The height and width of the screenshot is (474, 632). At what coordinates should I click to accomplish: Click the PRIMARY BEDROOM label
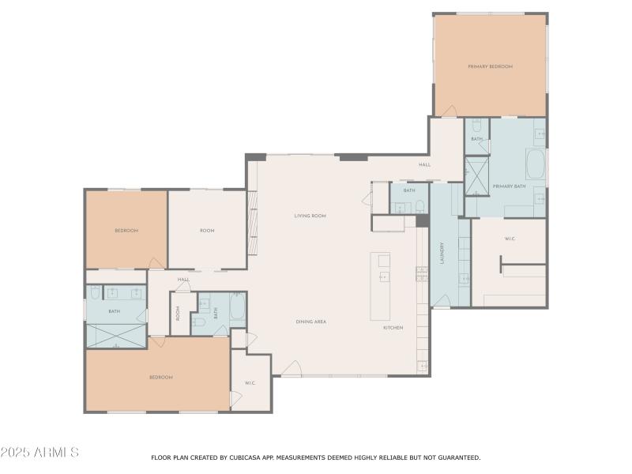[490, 66]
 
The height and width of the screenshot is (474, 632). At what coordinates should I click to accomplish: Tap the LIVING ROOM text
[310, 216]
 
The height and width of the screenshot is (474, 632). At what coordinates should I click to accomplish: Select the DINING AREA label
[310, 322]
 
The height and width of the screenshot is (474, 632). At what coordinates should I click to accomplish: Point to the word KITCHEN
[393, 327]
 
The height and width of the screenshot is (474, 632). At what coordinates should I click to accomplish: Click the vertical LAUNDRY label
[442, 258]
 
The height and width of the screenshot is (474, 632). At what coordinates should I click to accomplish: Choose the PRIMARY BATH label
[509, 186]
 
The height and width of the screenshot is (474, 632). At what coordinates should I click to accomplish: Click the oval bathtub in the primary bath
[536, 165]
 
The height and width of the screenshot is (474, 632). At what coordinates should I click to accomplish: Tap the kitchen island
[380, 286]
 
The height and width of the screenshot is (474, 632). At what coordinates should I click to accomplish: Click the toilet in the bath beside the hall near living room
[420, 207]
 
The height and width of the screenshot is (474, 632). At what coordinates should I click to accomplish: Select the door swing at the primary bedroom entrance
[448, 110]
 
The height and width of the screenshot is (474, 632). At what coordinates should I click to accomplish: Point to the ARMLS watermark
[39, 453]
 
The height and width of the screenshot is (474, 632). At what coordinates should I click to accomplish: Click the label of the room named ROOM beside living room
[207, 231]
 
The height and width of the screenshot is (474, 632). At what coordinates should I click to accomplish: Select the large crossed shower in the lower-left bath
[116, 335]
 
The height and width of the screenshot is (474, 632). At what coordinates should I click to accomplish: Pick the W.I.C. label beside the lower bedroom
[250, 383]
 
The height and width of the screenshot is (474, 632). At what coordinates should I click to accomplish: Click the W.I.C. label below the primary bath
[510, 238]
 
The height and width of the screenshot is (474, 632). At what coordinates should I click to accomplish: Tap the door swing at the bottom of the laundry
[442, 301]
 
